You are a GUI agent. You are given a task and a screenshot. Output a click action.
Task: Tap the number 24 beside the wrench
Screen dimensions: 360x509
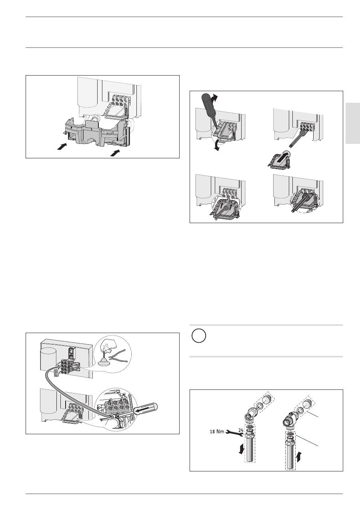tap(241, 430)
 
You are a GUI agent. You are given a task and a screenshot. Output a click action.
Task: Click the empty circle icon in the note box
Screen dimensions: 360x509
tap(199, 336)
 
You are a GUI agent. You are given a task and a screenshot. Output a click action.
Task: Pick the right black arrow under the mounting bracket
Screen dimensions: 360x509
tap(115, 153)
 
